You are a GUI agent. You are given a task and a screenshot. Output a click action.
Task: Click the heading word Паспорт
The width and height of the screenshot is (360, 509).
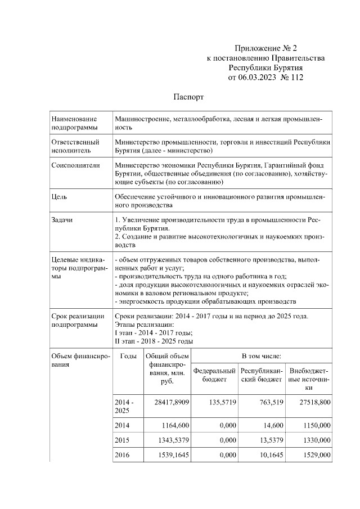[x=188, y=97]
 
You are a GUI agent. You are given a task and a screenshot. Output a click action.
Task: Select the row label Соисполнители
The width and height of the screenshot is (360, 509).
[x=75, y=165]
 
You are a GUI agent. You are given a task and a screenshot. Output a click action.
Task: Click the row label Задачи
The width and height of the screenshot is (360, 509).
[x=62, y=220]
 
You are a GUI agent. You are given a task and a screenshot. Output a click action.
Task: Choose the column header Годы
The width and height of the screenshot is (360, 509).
[x=128, y=356]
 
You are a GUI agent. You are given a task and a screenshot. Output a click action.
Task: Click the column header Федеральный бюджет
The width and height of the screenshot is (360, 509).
[x=214, y=375]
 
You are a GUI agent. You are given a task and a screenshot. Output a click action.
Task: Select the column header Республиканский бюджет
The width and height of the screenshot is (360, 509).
[x=262, y=375]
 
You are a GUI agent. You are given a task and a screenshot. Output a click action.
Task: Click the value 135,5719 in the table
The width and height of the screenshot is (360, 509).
[x=219, y=403]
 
